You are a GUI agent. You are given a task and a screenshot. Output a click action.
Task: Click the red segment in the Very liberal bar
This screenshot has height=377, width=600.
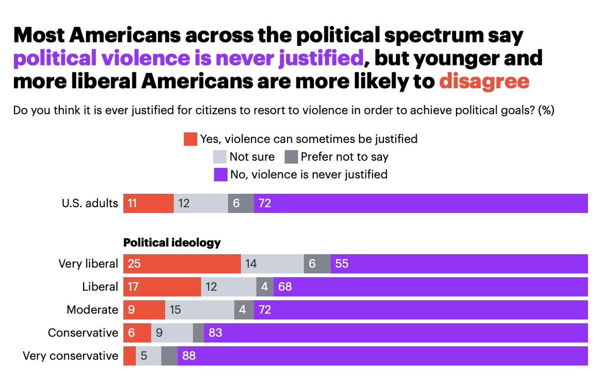pos(182,264)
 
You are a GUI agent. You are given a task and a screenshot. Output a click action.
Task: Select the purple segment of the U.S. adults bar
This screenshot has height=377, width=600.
pos(420,203)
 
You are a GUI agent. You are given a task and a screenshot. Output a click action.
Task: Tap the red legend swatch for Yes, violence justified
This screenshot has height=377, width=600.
pos(190,139)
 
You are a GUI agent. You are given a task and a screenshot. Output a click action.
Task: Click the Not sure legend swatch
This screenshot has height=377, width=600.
pos(219,157)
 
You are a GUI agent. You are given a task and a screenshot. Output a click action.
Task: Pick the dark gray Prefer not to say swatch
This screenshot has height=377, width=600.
pos(291,157)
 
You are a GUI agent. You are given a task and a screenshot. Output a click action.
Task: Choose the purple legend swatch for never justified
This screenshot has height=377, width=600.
pos(219,175)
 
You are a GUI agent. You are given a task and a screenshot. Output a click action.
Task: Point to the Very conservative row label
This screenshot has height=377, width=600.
pos(70,356)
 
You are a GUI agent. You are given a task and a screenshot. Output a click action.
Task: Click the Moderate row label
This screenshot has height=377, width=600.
pos(92,310)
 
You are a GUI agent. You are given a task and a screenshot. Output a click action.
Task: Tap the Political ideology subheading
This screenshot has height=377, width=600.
pos(172,243)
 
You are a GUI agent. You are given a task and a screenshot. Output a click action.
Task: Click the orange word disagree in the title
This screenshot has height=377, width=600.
pos(484,81)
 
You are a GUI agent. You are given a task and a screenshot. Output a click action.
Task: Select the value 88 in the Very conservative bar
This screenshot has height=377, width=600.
pos(189,356)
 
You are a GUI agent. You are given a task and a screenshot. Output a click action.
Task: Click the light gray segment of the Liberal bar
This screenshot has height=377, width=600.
pos(228,287)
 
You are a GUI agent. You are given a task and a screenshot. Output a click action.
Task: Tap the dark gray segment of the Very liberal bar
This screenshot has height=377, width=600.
pos(317,264)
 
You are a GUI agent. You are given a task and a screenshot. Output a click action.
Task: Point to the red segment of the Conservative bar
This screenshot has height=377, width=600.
pos(137,333)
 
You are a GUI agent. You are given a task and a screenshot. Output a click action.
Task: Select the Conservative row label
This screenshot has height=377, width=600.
pos(83,333)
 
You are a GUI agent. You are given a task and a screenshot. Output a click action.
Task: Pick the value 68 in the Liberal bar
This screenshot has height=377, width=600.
pos(285,287)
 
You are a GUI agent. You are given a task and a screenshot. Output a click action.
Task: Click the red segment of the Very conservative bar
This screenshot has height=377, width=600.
pos(129,356)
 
